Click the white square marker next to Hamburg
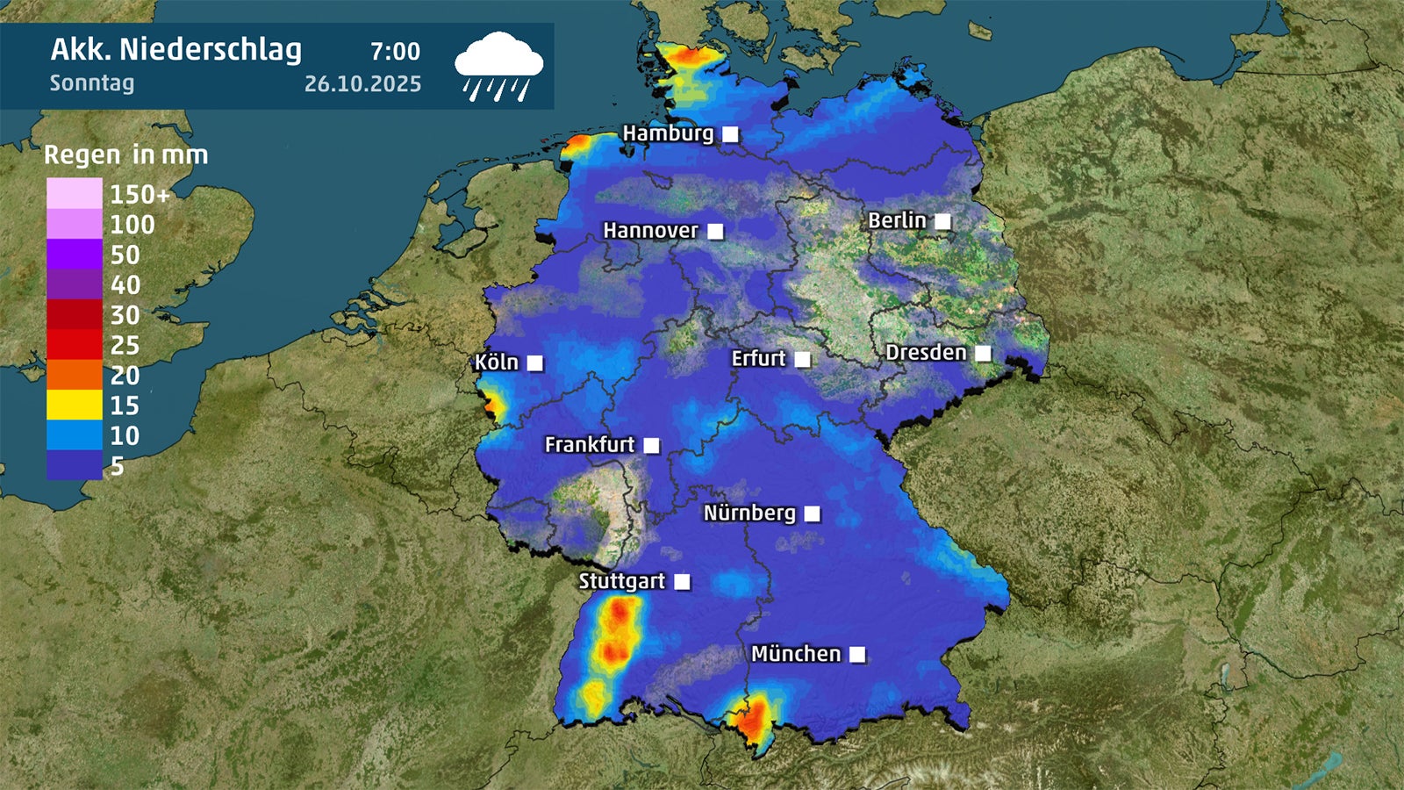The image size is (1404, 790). tap(730, 134)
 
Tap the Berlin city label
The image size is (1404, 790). tap(897, 220)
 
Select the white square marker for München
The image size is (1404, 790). tap(857, 654)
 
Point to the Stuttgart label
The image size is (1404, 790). tap(621, 581)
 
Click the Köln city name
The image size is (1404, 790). tap(497, 363)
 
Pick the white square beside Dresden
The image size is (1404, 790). tap(983, 353)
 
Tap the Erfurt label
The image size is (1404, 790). tap(758, 359)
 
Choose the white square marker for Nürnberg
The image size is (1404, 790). tap(813, 513)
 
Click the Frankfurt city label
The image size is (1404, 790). tap(589, 445)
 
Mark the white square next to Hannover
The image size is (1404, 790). tap(715, 232)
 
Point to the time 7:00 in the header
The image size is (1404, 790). tap(395, 52)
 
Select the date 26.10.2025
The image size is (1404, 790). tap(362, 84)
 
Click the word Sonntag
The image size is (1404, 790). tap(92, 83)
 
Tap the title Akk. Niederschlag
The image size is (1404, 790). tap(175, 50)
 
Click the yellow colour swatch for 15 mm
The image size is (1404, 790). tap(75, 405)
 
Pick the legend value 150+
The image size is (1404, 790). tap(140, 194)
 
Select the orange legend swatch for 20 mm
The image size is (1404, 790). tap(75, 375)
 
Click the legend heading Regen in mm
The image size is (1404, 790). tap(126, 155)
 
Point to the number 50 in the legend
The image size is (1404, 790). tap(125, 255)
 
